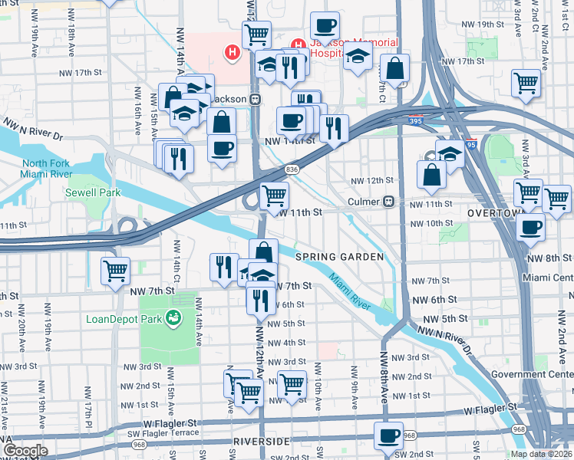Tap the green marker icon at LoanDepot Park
(x=175, y=317)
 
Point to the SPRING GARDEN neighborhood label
(x=339, y=258)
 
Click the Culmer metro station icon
(x=389, y=202)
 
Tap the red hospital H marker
(x=231, y=53)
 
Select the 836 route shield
(x=291, y=169)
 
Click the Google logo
(x=25, y=451)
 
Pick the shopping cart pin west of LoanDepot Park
(x=115, y=271)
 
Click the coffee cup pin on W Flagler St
(x=388, y=435)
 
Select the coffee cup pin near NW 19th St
(x=325, y=25)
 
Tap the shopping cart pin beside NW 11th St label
(x=274, y=195)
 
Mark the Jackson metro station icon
(x=254, y=99)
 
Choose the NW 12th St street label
(x=367, y=180)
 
